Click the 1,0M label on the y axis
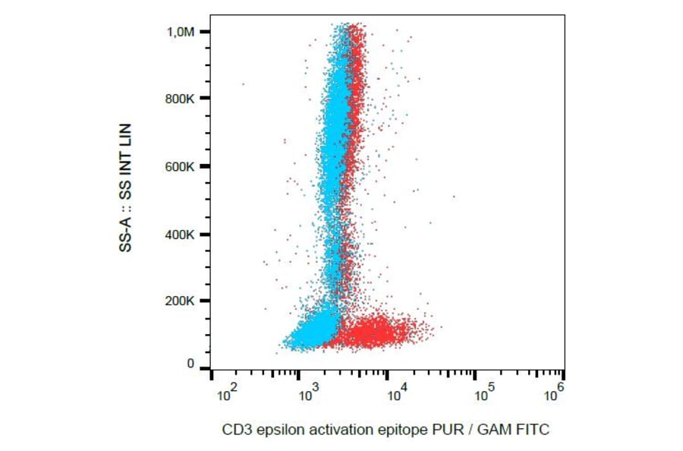(x=181, y=31)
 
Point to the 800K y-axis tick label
(x=181, y=99)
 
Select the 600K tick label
(x=181, y=166)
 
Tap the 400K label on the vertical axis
(x=181, y=234)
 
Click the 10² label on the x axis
(x=226, y=394)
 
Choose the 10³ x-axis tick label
(x=310, y=394)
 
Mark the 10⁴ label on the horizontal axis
(x=397, y=394)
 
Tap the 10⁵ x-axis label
(x=484, y=394)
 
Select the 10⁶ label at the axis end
(x=556, y=391)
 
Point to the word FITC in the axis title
(x=533, y=430)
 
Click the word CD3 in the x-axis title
(x=234, y=430)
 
